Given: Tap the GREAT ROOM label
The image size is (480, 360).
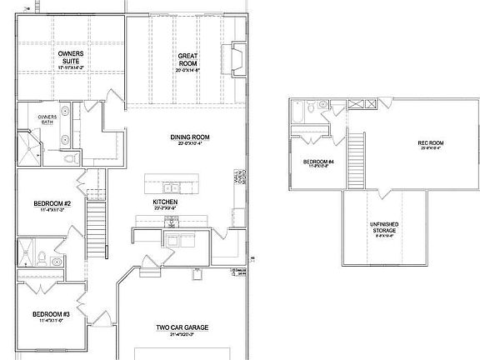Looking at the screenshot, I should [187, 61].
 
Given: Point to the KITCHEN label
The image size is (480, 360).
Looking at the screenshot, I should [164, 202].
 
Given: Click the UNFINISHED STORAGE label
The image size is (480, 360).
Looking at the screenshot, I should [384, 229].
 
